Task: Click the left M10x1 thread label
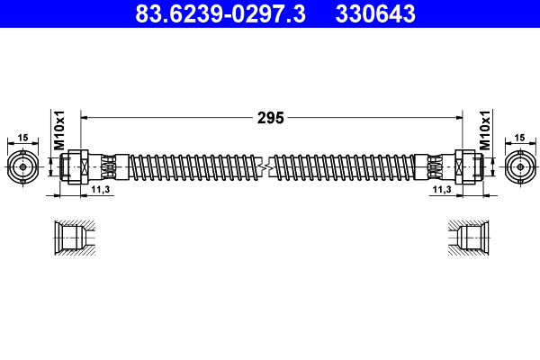(59, 131)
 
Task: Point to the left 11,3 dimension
(101, 191)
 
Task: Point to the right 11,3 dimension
(441, 191)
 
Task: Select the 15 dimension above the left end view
(22, 138)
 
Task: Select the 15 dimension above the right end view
(519, 138)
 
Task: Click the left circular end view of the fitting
(22, 166)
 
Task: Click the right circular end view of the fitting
(519, 166)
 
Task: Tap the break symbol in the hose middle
(265, 166)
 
